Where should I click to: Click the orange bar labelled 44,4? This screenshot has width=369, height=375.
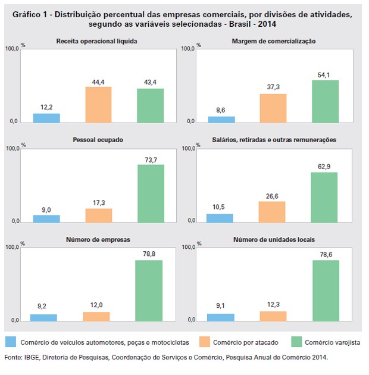pos(98,105)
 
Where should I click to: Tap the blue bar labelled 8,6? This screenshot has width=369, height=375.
pos(221,119)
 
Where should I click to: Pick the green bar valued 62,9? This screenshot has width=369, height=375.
pos(324,197)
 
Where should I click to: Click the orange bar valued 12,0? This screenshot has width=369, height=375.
pos(96,316)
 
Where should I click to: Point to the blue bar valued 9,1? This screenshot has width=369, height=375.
pos(221,317)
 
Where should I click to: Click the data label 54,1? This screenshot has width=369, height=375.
pos(325,74)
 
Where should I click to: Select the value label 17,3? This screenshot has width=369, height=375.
pos(98,203)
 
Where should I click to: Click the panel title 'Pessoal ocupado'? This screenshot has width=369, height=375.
pos(97,140)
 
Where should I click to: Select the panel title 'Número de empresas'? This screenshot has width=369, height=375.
pos(97,239)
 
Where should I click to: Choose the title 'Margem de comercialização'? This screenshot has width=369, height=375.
pos(274,41)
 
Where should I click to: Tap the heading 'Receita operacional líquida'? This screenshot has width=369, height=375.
pos(97,41)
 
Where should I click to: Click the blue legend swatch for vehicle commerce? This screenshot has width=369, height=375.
pos(11,342)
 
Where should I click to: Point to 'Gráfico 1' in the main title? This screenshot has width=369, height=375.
pos(30,13)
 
